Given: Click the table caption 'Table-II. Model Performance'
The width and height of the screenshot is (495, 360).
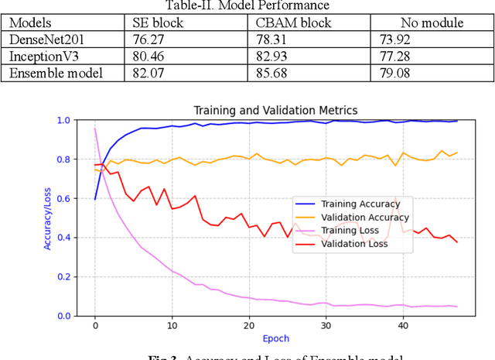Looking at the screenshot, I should click(247, 6).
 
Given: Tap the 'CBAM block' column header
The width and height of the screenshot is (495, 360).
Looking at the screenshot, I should click(288, 22).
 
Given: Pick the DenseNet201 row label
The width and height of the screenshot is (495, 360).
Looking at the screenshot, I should click(46, 39).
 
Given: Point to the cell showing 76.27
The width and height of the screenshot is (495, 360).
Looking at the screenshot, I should click(146, 39).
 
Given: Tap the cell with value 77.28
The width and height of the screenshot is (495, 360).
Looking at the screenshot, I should click(407, 57).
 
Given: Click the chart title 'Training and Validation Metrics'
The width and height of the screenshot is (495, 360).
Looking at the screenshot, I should click(275, 110).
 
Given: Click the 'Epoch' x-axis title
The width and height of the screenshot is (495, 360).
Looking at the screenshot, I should click(275, 339).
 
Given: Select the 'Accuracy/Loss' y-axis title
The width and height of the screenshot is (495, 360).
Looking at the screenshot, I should click(48, 218).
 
